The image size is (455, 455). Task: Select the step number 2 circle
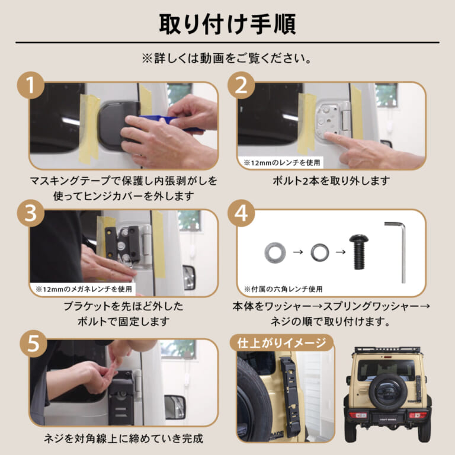tap(241, 86)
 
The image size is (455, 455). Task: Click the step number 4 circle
tap(241, 214)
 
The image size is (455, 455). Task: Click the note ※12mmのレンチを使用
tap(281, 162)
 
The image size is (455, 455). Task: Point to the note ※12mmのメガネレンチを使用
tap(83, 290)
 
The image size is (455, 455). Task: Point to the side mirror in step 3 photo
tap(188, 277)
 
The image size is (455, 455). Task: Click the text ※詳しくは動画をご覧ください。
tap(227, 59)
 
